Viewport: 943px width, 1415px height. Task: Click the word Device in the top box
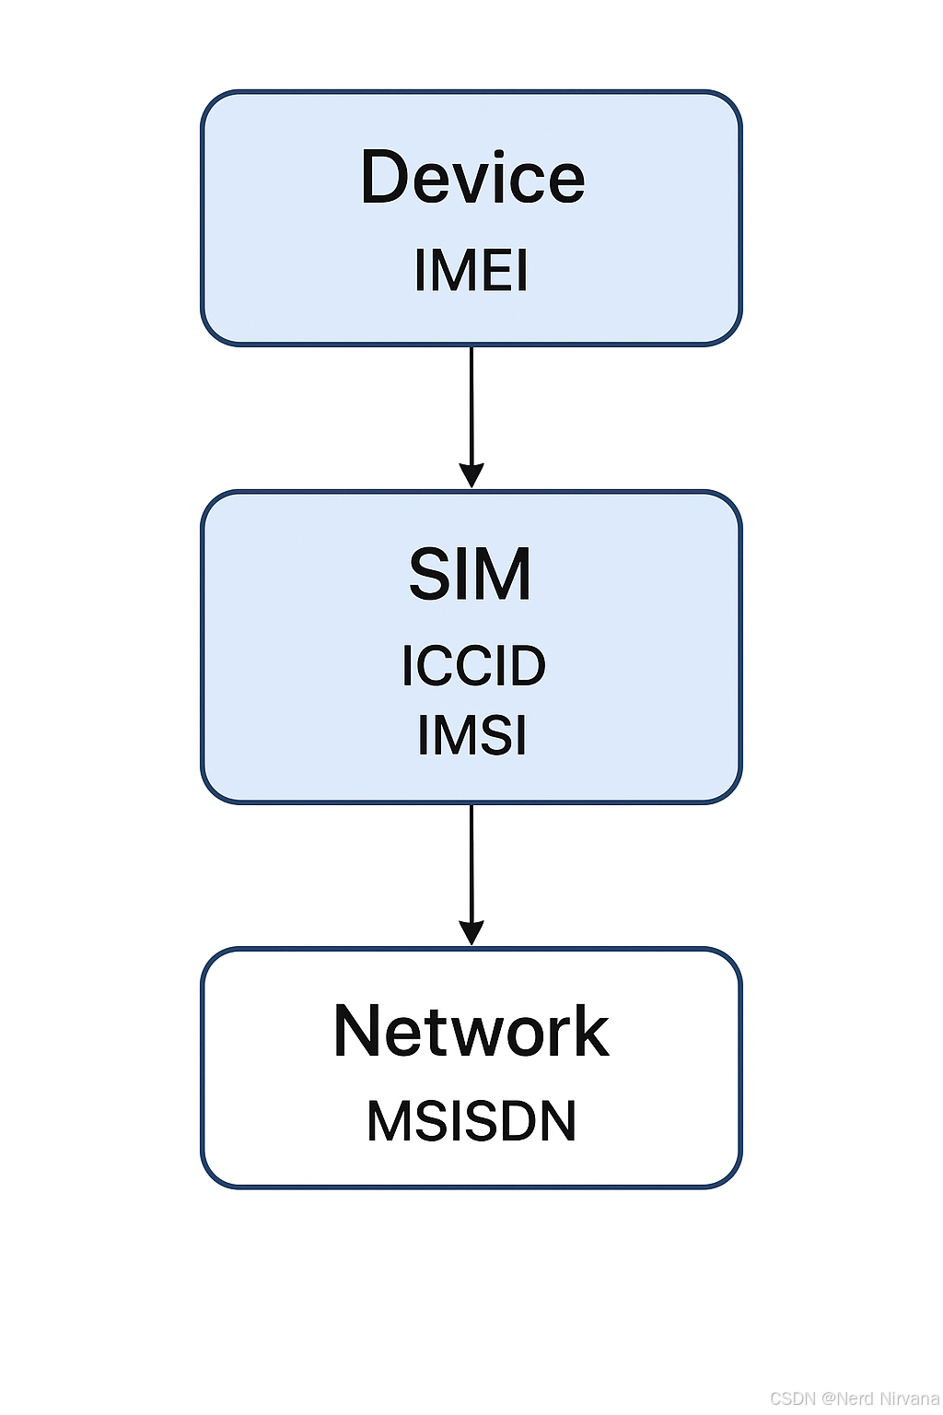[x=472, y=177]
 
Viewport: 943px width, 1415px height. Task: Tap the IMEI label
[x=471, y=271]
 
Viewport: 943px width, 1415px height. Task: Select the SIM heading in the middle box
[x=471, y=575]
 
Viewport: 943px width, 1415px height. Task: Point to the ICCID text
[x=473, y=666]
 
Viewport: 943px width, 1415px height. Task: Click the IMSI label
[x=471, y=735]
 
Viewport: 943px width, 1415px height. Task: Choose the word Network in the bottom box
[x=471, y=1031]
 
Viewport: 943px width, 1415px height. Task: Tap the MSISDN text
[x=471, y=1121]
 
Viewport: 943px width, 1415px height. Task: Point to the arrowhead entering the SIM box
[x=471, y=475]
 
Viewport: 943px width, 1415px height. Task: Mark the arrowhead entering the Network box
[x=471, y=932]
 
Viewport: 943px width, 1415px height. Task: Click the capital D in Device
[x=385, y=177]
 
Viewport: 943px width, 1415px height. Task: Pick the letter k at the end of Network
[x=591, y=1031]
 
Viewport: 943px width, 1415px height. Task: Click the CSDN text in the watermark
[x=793, y=1397]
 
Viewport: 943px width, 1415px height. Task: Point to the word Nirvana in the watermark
[x=909, y=1397]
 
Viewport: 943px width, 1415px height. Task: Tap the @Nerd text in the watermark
[x=848, y=1397]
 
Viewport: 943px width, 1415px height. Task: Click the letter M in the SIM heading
[x=502, y=575]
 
